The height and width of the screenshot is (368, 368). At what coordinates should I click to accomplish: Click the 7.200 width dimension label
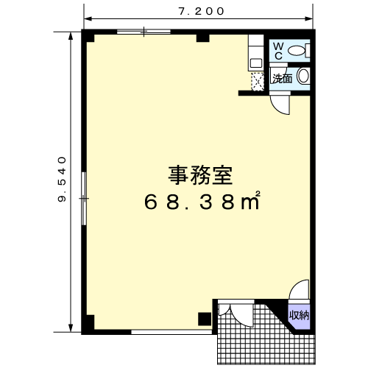point(201,11)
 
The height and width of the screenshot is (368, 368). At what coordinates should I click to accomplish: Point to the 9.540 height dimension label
point(62,180)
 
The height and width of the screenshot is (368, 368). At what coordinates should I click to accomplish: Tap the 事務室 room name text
point(200,175)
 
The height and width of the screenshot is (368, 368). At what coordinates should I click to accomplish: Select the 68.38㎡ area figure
point(202,201)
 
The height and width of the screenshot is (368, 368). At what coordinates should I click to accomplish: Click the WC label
point(278,51)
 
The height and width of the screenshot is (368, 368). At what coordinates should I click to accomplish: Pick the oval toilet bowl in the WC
point(296,51)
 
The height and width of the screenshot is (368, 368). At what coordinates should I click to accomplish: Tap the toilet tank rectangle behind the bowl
point(308,51)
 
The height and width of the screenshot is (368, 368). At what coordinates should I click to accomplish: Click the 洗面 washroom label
point(283,79)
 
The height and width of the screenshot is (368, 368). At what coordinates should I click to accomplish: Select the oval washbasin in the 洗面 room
point(303,76)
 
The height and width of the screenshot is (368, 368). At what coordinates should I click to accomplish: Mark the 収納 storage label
point(299,315)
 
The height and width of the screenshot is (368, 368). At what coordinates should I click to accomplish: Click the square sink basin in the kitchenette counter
point(255,63)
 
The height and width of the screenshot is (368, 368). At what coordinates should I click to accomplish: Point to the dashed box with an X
point(258,82)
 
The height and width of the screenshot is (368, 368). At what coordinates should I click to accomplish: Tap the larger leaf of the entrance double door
point(241,316)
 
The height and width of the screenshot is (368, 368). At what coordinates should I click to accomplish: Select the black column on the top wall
point(202,38)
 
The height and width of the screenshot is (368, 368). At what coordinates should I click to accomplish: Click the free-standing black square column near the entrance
point(205,319)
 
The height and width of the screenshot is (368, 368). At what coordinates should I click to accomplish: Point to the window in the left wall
point(84,198)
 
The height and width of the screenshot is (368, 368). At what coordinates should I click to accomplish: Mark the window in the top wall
point(144,32)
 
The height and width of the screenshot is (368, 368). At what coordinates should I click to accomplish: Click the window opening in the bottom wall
point(171,332)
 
